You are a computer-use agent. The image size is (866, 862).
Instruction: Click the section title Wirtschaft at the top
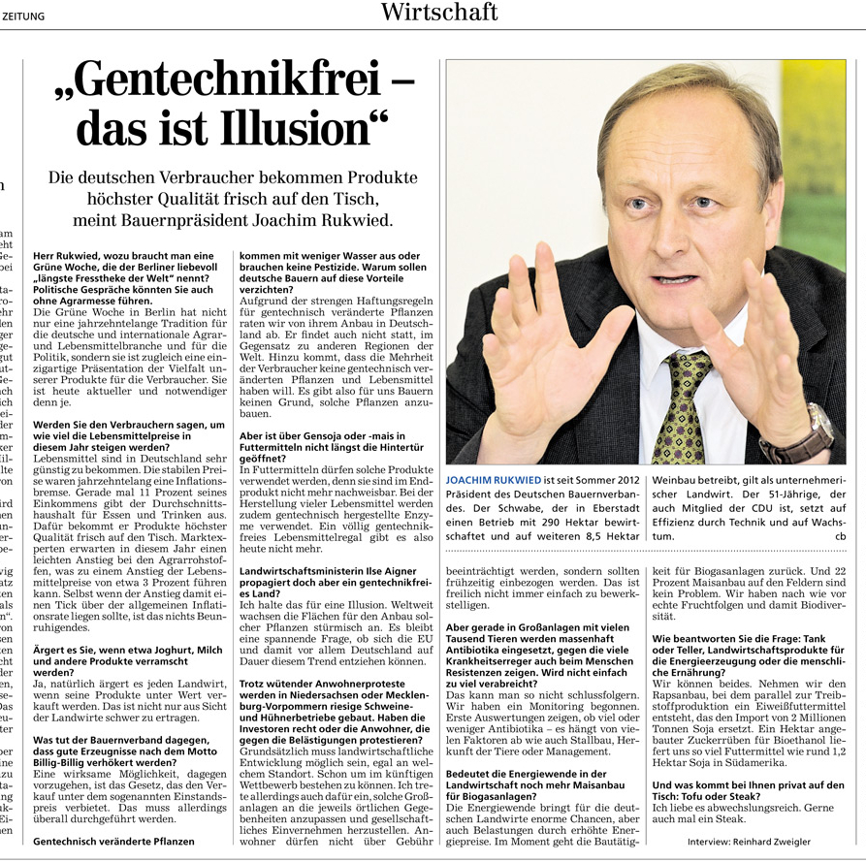click(438, 13)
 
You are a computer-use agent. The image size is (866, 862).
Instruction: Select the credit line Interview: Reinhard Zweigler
click(749, 841)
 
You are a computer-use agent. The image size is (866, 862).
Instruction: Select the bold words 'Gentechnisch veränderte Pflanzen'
click(113, 841)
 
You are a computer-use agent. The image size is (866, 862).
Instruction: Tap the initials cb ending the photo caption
click(840, 535)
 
